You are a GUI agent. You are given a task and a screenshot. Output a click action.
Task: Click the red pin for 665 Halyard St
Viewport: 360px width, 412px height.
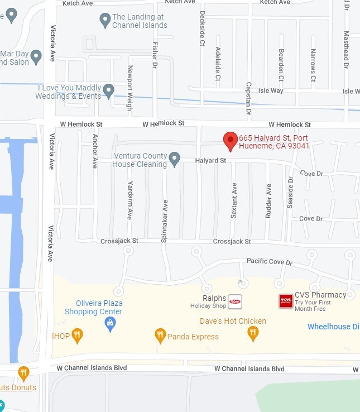[230, 140]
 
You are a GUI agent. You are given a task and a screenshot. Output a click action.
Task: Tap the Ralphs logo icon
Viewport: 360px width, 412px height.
[235, 301]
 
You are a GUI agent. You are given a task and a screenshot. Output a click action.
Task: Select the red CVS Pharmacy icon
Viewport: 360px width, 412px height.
[286, 301]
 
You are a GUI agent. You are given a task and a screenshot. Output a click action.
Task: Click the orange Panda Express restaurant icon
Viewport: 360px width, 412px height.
[160, 336]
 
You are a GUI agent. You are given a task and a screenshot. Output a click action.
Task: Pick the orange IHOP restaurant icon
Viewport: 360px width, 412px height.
[78, 335]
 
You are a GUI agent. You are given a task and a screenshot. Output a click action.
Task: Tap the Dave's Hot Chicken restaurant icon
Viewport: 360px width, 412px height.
[253, 333]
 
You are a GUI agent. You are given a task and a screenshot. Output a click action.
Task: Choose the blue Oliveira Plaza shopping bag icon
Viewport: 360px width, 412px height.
[111, 323]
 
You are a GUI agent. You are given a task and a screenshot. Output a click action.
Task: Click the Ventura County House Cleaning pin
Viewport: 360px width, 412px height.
[175, 160]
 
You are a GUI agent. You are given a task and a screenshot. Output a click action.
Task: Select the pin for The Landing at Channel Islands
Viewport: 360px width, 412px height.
[105, 21]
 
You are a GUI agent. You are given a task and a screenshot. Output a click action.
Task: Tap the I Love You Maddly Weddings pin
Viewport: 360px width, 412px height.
[108, 91]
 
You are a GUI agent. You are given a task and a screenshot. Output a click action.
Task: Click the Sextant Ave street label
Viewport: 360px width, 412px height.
[234, 200]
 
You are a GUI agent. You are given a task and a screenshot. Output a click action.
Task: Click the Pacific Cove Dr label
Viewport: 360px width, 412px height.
[270, 262]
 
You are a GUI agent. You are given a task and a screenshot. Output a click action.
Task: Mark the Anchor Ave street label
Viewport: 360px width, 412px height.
[95, 151]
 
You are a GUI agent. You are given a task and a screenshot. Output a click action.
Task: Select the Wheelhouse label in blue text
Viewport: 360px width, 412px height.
[333, 327]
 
